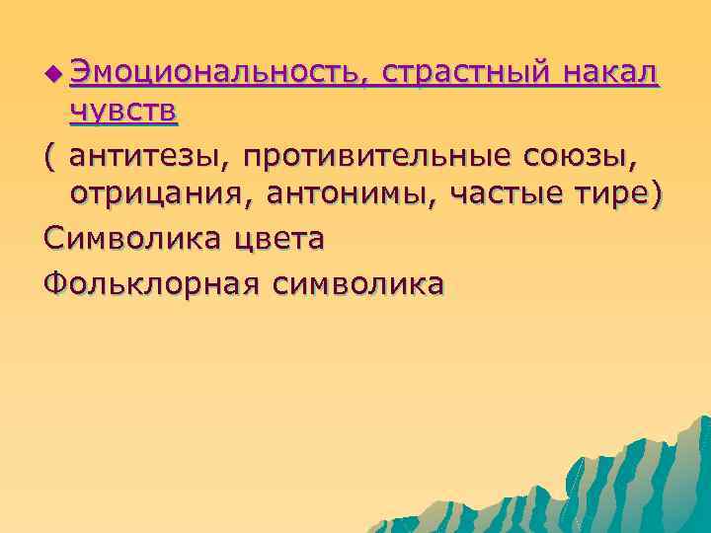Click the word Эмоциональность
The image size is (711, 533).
(x=218, y=72)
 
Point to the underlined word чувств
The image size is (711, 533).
(x=123, y=114)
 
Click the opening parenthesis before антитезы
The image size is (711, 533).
(x=50, y=156)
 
